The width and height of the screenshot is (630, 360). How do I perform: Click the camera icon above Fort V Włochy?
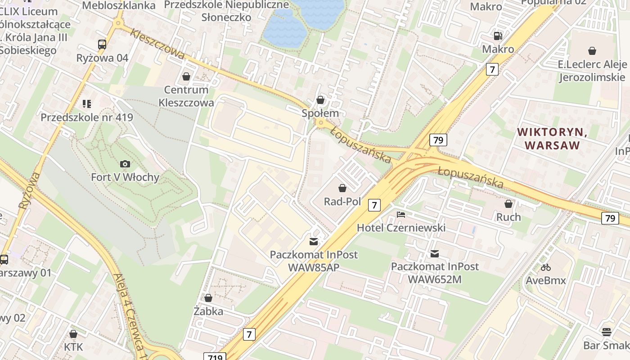(x=125, y=164)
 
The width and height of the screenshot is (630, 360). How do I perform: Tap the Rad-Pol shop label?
(x=342, y=202)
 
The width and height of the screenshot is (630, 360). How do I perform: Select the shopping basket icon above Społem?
(x=320, y=100)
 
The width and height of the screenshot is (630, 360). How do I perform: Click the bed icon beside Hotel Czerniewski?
(x=400, y=215)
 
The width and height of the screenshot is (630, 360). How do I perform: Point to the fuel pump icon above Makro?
(x=498, y=36)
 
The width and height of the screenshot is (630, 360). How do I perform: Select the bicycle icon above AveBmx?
(x=546, y=267)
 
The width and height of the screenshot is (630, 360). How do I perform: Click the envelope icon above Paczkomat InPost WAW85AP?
(x=314, y=242)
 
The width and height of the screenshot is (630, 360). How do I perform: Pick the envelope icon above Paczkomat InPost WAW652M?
(x=434, y=254)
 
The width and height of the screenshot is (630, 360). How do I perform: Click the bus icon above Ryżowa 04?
(x=102, y=45)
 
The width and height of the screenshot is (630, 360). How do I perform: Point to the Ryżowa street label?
(x=30, y=190)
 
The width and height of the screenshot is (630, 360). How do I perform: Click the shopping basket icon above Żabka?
(x=208, y=298)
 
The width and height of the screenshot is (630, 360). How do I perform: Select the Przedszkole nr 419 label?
(x=87, y=117)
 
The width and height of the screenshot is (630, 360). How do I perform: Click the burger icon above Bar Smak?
(x=606, y=332)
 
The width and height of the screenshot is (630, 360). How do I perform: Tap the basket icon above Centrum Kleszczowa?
(x=186, y=77)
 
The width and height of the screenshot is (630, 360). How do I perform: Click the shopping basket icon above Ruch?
(x=508, y=204)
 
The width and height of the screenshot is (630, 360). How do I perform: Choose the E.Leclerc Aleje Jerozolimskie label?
(x=592, y=71)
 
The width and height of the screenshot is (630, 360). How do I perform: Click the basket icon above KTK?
(x=73, y=334)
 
